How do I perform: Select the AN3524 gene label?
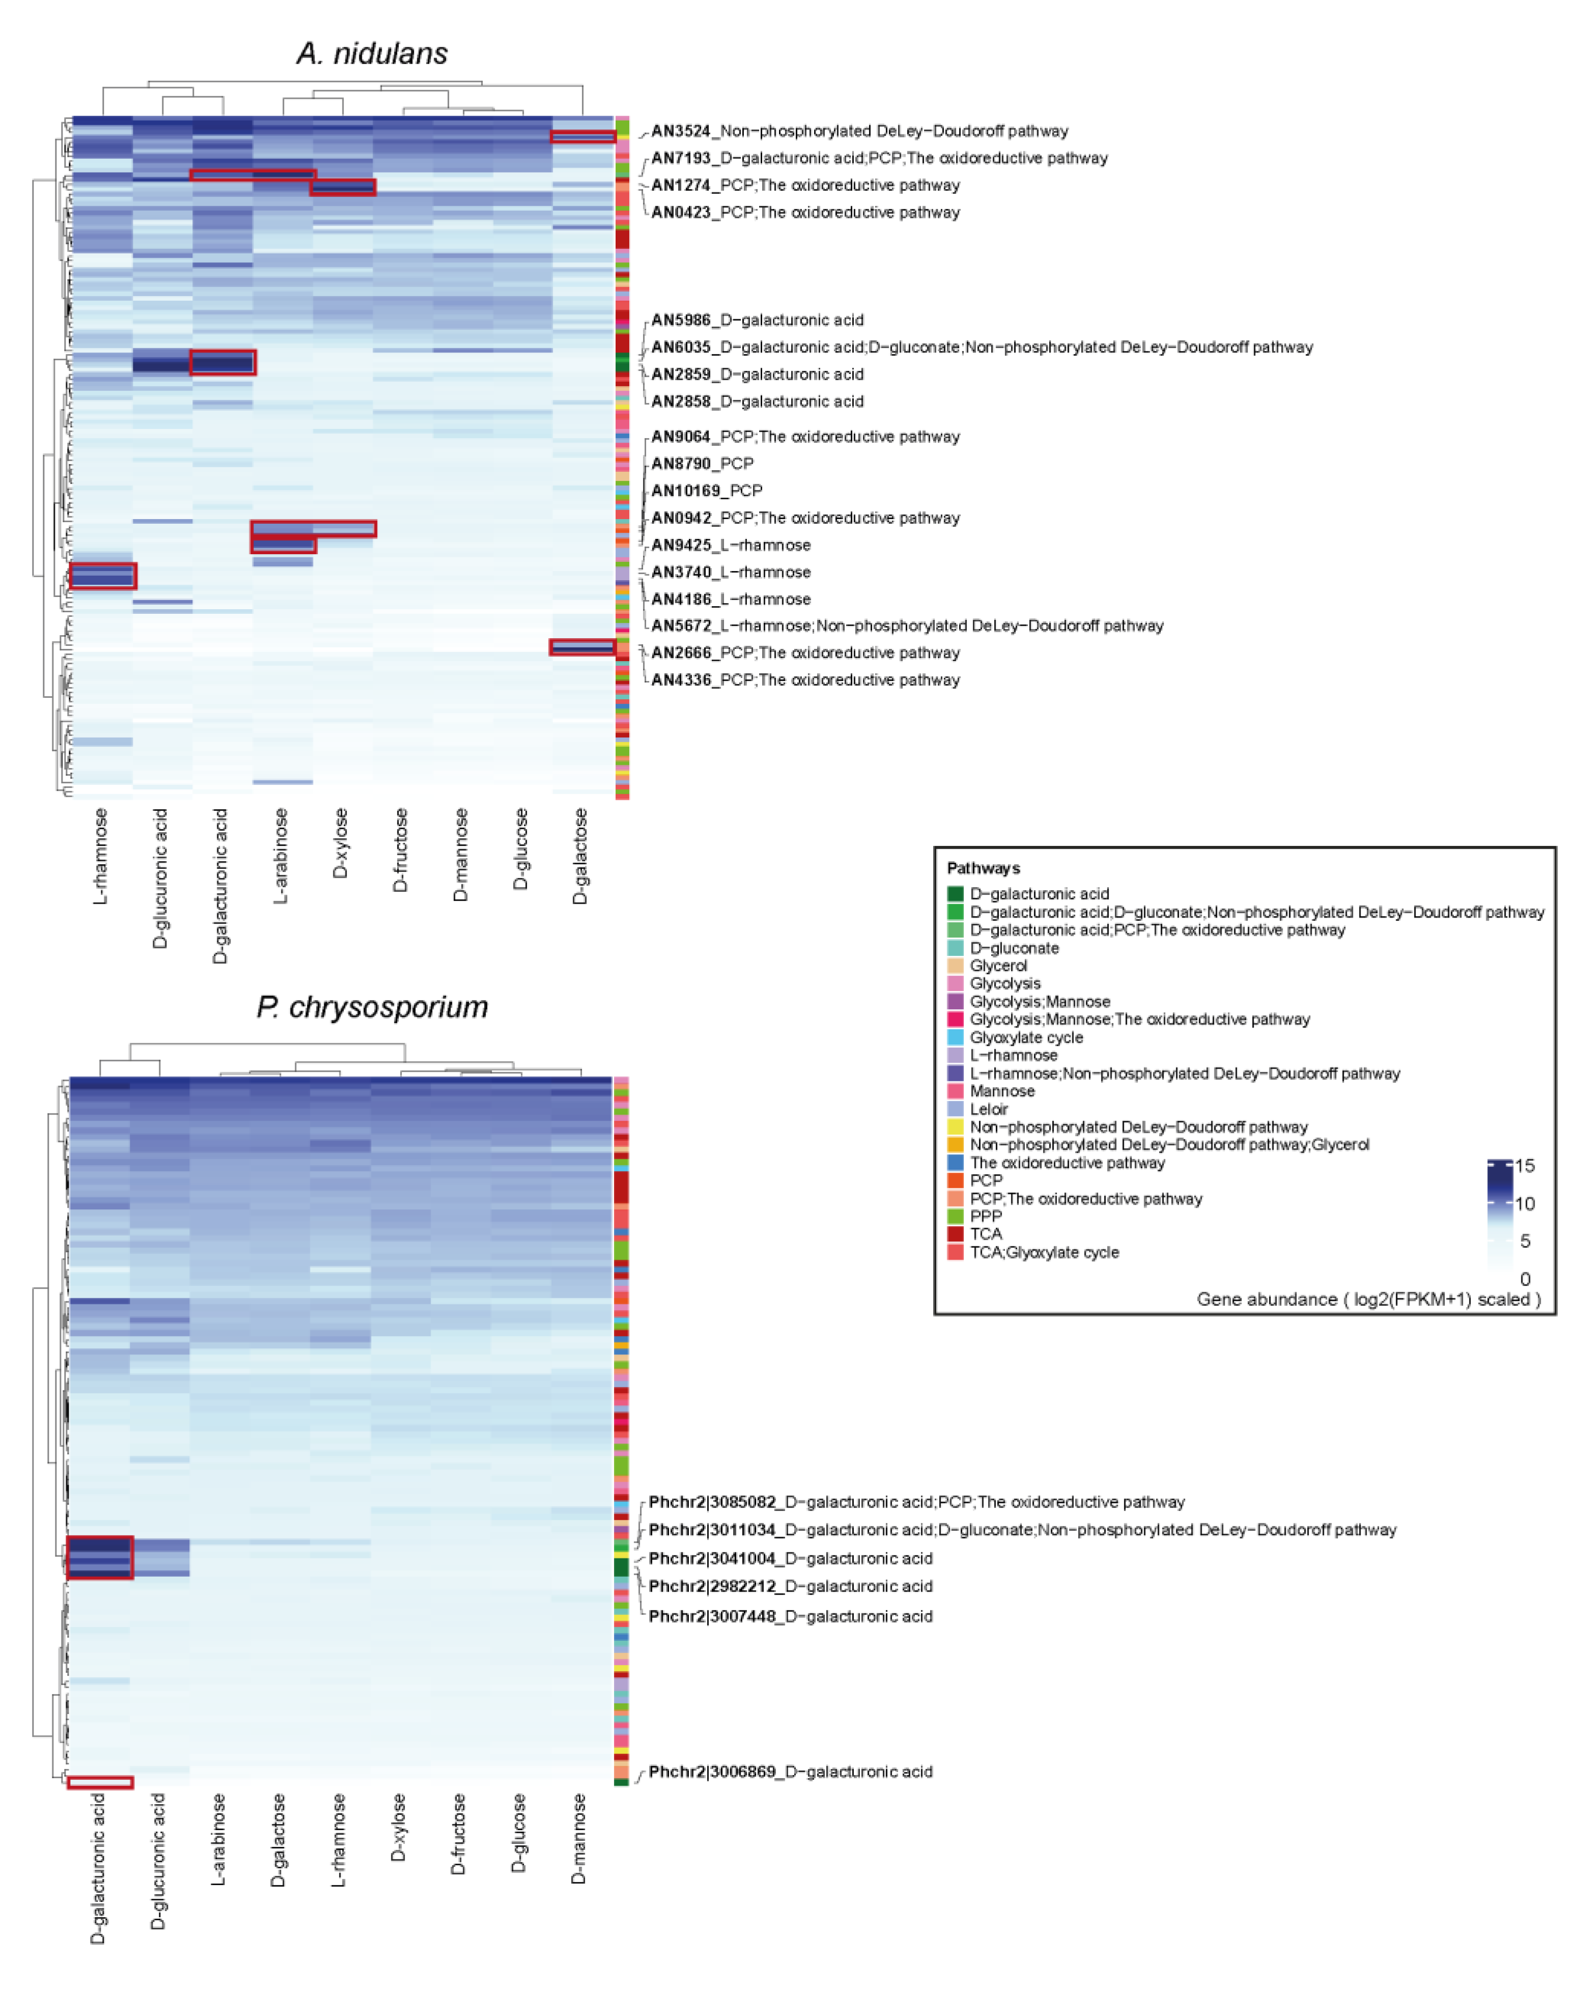click(x=859, y=131)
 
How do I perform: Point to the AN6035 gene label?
click(x=981, y=348)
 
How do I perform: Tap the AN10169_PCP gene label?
click(x=707, y=491)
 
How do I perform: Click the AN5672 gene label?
click(x=906, y=625)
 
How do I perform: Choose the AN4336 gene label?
click(x=805, y=680)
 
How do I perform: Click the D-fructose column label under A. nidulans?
click(x=400, y=850)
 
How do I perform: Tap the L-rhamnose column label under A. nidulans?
click(x=101, y=857)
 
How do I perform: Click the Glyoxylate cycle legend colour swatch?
click(x=956, y=1038)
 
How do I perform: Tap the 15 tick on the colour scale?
click(x=1524, y=1166)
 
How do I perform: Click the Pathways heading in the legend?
click(x=983, y=868)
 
